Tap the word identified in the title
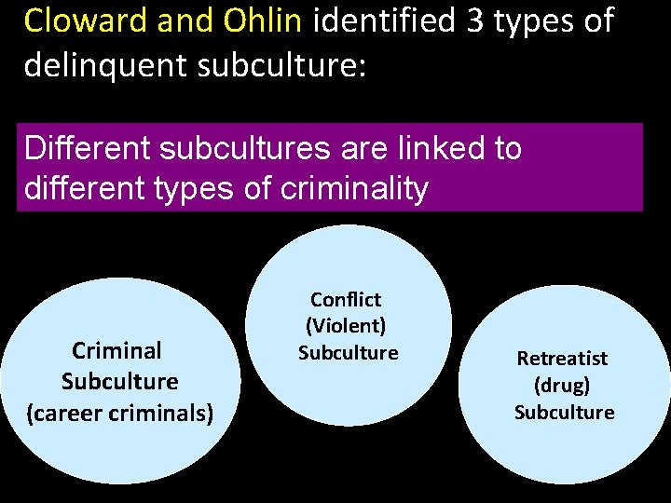[385, 20]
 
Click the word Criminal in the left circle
[117, 351]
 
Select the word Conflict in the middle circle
[346, 300]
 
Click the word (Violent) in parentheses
[346, 326]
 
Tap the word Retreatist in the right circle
[562, 359]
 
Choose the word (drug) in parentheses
[562, 385]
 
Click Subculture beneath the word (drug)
[564, 412]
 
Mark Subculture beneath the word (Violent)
[348, 353]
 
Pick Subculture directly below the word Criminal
[119, 382]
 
